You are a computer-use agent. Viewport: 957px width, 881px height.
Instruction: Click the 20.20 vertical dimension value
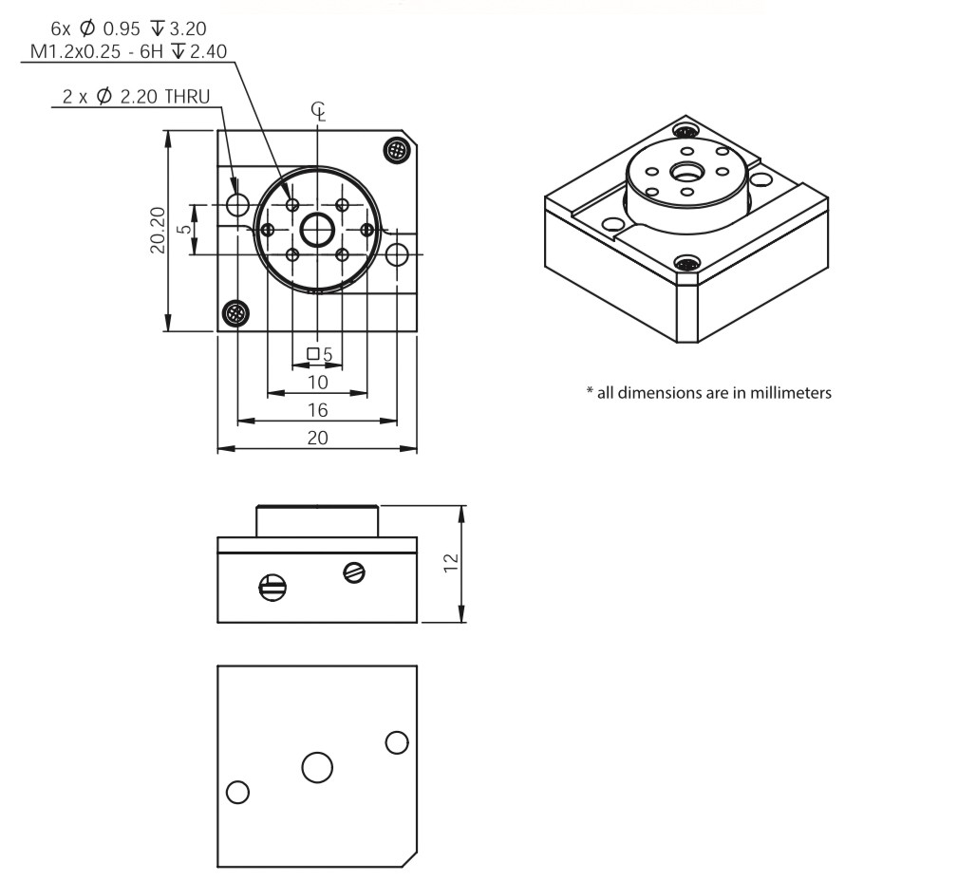click(x=158, y=230)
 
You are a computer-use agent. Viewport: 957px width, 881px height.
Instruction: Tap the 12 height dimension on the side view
click(x=451, y=563)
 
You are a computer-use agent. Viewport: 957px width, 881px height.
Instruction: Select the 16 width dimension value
click(x=317, y=410)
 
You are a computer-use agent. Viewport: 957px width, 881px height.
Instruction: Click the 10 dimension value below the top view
click(x=317, y=383)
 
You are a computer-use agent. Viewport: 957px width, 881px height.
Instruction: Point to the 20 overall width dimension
click(x=317, y=438)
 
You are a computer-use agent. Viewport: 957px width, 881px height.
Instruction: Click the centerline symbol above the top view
click(x=318, y=112)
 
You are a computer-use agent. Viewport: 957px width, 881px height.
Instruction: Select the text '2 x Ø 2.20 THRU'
click(x=136, y=97)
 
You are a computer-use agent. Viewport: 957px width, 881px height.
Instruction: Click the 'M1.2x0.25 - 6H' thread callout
click(x=97, y=51)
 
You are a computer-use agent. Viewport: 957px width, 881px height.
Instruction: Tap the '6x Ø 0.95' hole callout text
click(x=95, y=28)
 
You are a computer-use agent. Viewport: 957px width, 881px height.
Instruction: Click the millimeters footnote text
click(x=708, y=392)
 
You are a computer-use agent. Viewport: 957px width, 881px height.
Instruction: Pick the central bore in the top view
click(x=317, y=230)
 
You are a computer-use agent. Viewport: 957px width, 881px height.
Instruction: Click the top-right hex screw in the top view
click(x=397, y=149)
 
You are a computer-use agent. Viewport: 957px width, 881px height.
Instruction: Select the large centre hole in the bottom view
click(x=317, y=767)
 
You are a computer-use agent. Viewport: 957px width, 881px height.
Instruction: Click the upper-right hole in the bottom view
click(x=397, y=742)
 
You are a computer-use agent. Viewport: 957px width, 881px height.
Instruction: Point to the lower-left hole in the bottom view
click(x=237, y=793)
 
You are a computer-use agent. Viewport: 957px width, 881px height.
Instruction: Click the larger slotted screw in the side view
click(x=272, y=588)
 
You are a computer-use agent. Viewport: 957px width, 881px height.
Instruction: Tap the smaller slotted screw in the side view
click(x=354, y=572)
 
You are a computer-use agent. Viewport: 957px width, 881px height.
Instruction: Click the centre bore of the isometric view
click(x=686, y=173)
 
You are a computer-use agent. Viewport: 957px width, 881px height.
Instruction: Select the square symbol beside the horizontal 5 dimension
click(x=313, y=353)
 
